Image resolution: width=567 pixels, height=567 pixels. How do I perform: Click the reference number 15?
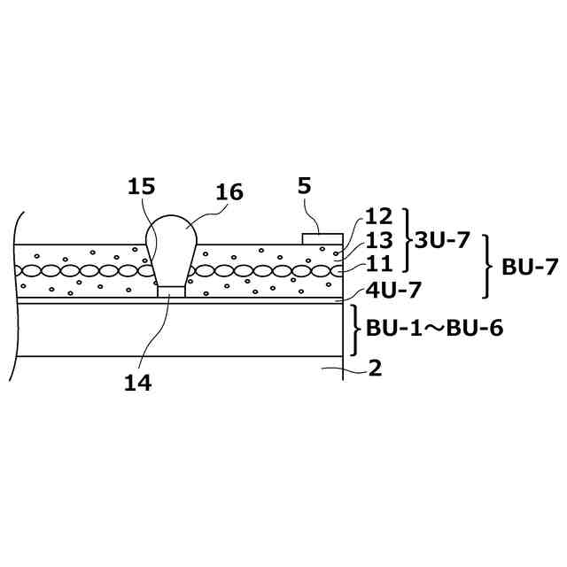(141, 187)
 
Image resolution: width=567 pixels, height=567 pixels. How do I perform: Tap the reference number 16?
(229, 192)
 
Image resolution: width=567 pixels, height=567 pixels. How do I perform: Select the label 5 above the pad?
(304, 186)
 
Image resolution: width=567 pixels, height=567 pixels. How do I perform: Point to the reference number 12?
(377, 217)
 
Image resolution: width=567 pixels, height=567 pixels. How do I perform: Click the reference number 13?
(377, 240)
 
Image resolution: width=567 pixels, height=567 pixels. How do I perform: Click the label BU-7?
(530, 267)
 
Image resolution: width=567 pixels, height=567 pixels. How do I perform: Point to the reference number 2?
(375, 369)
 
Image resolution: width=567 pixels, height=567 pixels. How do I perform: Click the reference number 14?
(137, 383)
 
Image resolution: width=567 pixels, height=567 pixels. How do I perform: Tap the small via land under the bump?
(172, 290)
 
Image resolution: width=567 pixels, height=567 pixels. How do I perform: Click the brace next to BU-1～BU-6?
(356, 328)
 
